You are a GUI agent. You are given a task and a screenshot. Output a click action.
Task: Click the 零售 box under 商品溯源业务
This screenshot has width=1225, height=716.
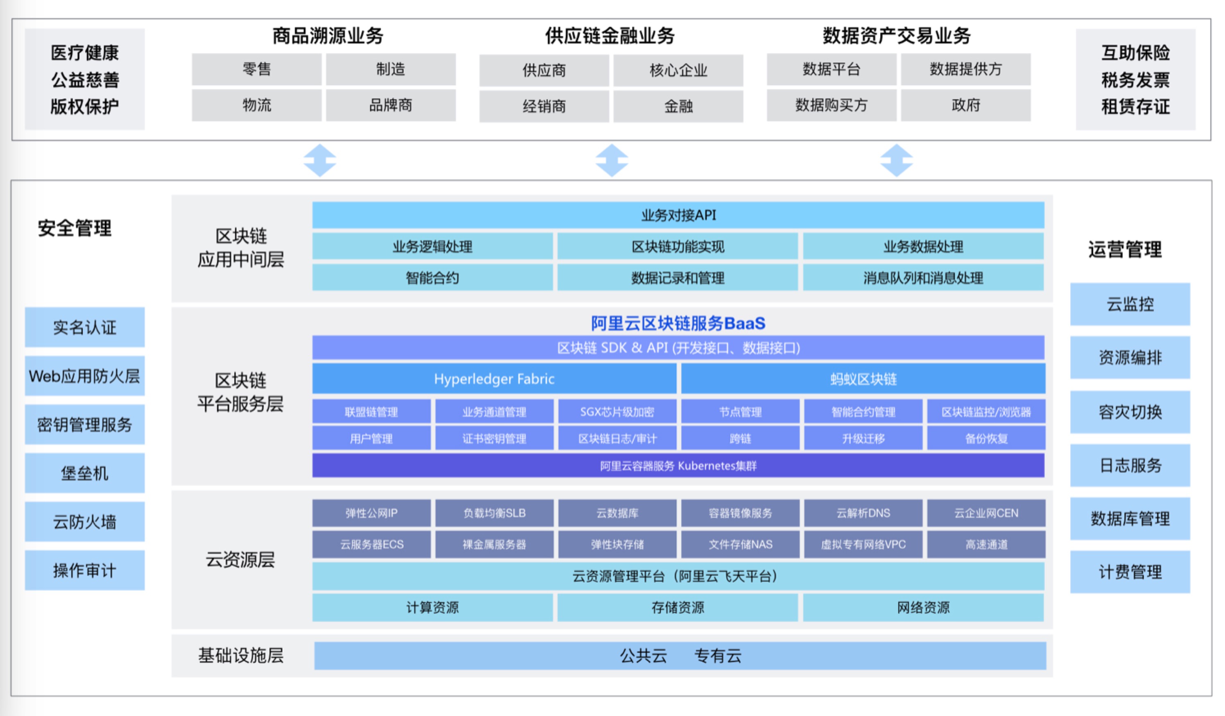click(x=256, y=69)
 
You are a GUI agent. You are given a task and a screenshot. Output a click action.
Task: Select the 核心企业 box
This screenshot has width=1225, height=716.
click(x=678, y=70)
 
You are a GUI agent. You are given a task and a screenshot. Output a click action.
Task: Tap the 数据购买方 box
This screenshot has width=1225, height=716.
click(x=831, y=105)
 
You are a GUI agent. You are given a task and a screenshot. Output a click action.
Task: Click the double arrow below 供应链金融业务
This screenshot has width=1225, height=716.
click(x=612, y=160)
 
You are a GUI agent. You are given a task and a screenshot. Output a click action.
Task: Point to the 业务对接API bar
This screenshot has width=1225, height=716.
click(x=678, y=215)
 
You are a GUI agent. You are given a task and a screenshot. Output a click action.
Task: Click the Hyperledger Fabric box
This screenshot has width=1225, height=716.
click(x=493, y=378)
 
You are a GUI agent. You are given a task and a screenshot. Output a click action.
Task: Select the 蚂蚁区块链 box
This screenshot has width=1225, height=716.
click(x=863, y=378)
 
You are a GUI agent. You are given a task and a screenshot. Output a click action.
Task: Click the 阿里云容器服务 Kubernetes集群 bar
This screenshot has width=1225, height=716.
click(x=678, y=465)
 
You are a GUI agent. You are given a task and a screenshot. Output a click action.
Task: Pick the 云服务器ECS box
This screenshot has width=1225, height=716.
click(x=371, y=544)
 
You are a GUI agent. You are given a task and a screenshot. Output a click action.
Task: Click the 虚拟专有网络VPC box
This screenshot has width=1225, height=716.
click(x=863, y=544)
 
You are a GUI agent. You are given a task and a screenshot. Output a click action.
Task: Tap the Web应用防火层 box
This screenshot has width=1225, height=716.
click(x=85, y=376)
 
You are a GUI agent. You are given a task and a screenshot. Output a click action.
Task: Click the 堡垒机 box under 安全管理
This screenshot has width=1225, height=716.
click(x=85, y=473)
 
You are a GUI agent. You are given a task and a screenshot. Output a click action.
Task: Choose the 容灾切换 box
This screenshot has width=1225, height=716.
click(x=1130, y=412)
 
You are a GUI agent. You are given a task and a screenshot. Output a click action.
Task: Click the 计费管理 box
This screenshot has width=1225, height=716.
click(x=1130, y=572)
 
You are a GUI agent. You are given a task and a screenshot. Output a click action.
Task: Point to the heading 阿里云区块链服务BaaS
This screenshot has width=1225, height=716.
click(x=678, y=323)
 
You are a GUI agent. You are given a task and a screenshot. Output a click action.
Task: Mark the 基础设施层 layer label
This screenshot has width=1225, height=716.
click(x=240, y=656)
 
